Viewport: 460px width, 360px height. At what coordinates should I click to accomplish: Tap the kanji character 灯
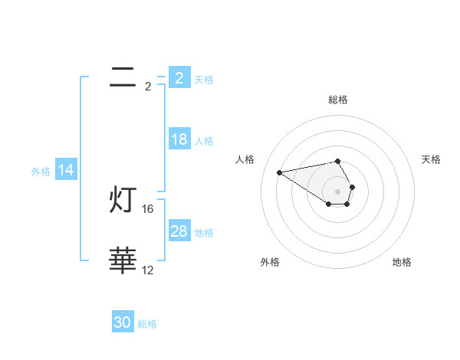(123, 201)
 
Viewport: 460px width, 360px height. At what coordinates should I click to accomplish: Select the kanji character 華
(123, 261)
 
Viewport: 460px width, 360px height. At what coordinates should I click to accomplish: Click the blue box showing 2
(179, 77)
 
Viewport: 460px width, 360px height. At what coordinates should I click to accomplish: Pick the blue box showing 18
(179, 139)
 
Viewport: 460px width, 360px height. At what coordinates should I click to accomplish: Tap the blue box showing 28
(179, 231)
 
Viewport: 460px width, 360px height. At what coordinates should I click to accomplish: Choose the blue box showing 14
(66, 170)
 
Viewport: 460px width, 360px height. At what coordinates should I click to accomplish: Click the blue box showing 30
(123, 322)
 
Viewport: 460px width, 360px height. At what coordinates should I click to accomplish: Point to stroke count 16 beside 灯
(149, 208)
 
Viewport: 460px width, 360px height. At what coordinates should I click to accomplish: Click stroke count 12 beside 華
(149, 270)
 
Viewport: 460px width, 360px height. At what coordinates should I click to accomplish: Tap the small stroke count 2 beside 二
(148, 87)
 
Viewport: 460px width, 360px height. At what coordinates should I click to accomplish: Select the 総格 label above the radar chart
(338, 100)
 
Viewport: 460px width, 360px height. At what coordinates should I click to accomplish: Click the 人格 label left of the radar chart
(245, 159)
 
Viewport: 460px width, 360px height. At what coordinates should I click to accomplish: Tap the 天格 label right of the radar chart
(432, 159)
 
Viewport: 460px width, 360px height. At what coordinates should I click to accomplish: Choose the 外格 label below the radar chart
(270, 263)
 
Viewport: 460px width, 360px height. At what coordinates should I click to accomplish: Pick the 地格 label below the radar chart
(402, 263)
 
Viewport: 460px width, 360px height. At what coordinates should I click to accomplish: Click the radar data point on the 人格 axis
(279, 172)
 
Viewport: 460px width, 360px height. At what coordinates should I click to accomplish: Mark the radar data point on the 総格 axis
(338, 161)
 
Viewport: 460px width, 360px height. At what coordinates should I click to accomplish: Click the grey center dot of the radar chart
(338, 191)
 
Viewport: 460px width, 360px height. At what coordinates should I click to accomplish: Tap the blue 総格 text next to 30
(147, 324)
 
